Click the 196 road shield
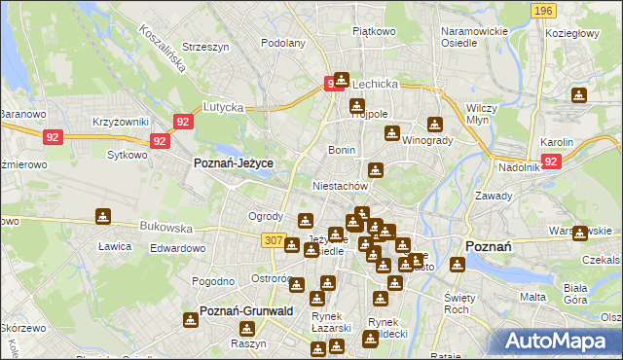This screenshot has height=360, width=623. point(544,10)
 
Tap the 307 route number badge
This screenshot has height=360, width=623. point(274,239)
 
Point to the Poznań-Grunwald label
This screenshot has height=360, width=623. point(246,311)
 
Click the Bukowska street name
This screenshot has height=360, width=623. point(166,227)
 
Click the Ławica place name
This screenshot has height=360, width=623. point(115,246)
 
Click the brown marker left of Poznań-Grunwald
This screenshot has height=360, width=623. point(191,318)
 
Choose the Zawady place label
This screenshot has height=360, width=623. point(494,196)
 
